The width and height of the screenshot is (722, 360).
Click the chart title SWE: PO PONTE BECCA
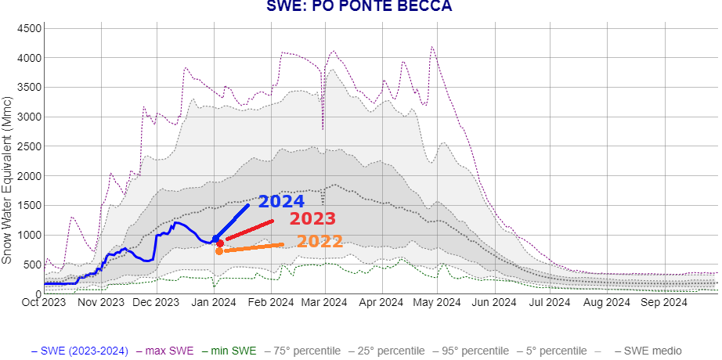point(359,6)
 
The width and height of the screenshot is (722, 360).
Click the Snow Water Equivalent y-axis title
point(7,180)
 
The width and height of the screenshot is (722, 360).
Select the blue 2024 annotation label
point(281,201)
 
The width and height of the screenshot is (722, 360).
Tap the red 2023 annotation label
point(312,219)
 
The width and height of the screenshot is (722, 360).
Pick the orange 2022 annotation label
point(319,241)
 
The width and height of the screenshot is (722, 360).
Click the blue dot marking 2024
point(215,238)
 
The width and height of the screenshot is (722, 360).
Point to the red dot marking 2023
point(220,243)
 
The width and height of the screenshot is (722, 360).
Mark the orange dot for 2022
point(219,251)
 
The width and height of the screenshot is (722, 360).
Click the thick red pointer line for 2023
point(249,230)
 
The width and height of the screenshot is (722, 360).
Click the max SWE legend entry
point(169,351)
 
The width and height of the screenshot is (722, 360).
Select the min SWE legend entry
point(233,351)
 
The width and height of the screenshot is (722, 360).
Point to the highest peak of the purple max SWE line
point(432,47)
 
